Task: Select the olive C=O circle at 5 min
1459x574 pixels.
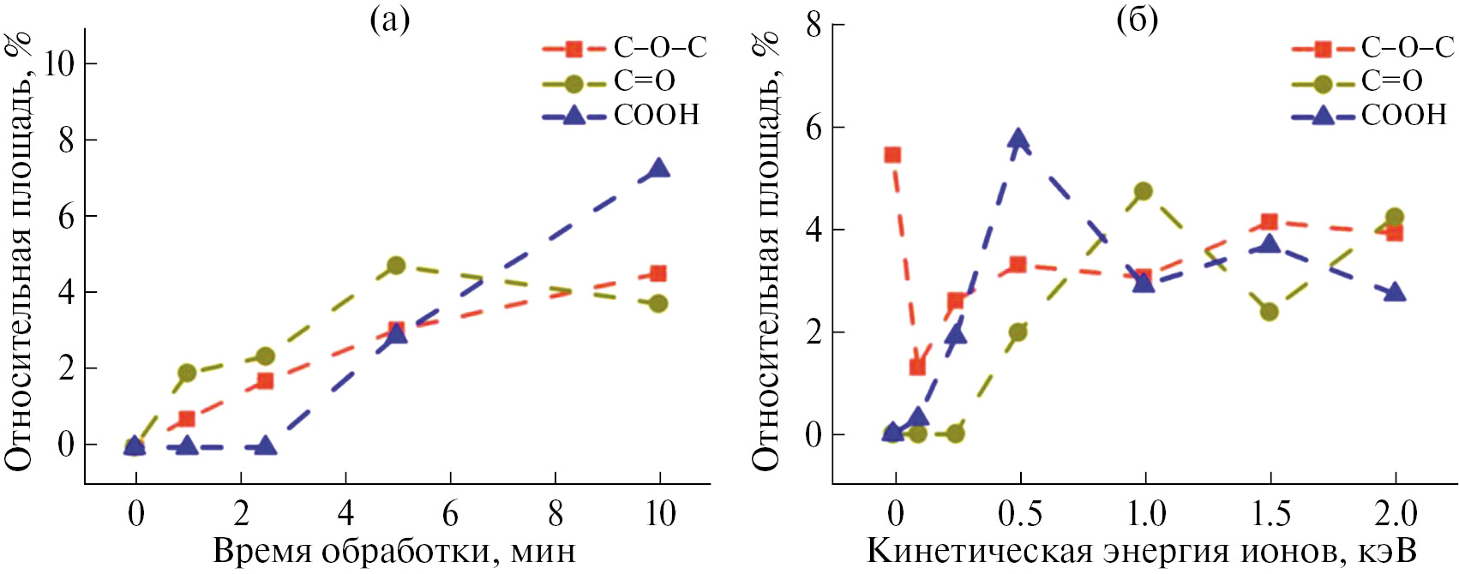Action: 396,266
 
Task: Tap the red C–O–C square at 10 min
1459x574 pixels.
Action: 658,274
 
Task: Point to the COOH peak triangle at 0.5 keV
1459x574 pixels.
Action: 1018,139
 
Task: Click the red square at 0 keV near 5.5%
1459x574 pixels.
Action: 892,155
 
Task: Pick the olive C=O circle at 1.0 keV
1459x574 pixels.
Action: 1144,191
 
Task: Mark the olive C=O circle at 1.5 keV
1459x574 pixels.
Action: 1270,312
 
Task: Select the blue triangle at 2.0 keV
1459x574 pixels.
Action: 1395,292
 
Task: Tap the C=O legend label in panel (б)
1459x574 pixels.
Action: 1392,81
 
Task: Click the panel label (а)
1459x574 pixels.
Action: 390,19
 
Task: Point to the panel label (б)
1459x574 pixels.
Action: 1138,19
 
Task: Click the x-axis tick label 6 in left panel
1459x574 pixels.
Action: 451,514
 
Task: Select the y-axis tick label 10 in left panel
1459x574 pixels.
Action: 59,63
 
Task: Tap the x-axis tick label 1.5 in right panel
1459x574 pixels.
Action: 1270,514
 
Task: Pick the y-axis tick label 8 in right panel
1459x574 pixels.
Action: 814,26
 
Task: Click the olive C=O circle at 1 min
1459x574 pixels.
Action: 187,373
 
